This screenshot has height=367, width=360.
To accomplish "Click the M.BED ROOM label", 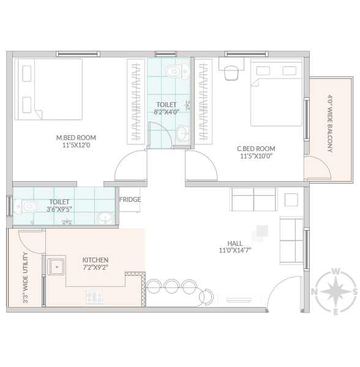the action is pos(76,138).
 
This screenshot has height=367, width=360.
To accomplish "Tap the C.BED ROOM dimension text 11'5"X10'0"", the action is pos(257,156).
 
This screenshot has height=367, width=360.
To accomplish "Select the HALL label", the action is pos(234,243).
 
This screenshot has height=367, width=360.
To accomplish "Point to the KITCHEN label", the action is pos(96,260).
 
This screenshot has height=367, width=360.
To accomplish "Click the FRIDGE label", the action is pos(130,199).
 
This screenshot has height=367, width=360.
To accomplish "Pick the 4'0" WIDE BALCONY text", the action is pos(330,124).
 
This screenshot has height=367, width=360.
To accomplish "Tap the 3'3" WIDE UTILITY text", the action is pos(26,278).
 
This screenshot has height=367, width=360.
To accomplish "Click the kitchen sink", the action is pos(56,267).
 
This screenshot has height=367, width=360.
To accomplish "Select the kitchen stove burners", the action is pos(94,297).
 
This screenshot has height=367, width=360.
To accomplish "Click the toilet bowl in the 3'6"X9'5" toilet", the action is pos(26,207).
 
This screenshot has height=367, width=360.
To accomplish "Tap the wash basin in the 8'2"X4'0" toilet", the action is pos(182,133).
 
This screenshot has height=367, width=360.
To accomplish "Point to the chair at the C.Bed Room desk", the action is pos(231,73).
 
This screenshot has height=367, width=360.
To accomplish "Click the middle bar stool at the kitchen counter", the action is pos(172,286).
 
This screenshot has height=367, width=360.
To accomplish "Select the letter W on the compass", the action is pos(336,272).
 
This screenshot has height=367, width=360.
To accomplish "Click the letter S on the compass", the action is pos(355,292).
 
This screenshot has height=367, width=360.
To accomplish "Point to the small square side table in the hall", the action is pos(291,200).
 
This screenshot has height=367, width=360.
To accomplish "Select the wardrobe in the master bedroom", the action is pos(136,102).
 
